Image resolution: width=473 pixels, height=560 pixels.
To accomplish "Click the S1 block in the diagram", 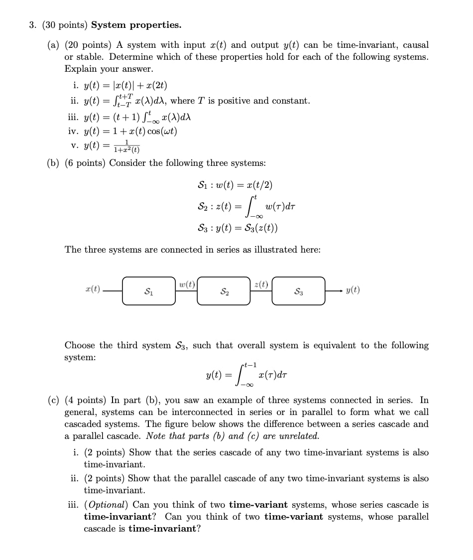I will pyautogui.click(x=148, y=291).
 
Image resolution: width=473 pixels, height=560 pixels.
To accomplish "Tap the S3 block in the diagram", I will pyautogui.click(x=298, y=291).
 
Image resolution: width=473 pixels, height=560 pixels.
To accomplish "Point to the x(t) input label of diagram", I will pyautogui.click(x=93, y=289).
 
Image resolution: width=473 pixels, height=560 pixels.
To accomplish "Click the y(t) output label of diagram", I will pyautogui.click(x=353, y=290).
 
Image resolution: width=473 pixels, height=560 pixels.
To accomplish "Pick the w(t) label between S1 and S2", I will pyautogui.click(x=186, y=284).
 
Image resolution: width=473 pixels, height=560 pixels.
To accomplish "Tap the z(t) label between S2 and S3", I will pyautogui.click(x=261, y=284).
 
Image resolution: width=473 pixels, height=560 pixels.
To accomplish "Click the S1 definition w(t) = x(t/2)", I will pyautogui.click(x=235, y=185).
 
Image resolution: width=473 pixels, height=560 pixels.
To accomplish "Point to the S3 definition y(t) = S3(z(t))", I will pyautogui.click(x=238, y=228).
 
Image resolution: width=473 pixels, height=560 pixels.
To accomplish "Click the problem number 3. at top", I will pyautogui.click(x=32, y=25).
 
